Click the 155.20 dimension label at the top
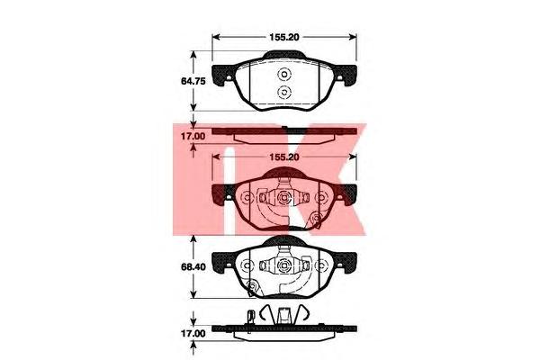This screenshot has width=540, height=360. click(284, 37)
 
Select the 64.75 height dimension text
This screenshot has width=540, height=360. click(193, 81)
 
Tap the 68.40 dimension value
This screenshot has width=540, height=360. click(193, 267)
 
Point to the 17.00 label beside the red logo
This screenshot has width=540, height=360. click(193, 137)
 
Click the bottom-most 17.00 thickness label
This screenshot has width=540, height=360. click(193, 334)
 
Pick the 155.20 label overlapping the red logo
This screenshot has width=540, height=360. click(284, 157)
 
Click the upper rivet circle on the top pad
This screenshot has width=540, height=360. click(284, 75)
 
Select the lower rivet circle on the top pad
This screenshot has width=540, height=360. click(284, 93)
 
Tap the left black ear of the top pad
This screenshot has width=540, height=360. click(222, 74)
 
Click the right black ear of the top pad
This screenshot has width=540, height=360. click(346, 74)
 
